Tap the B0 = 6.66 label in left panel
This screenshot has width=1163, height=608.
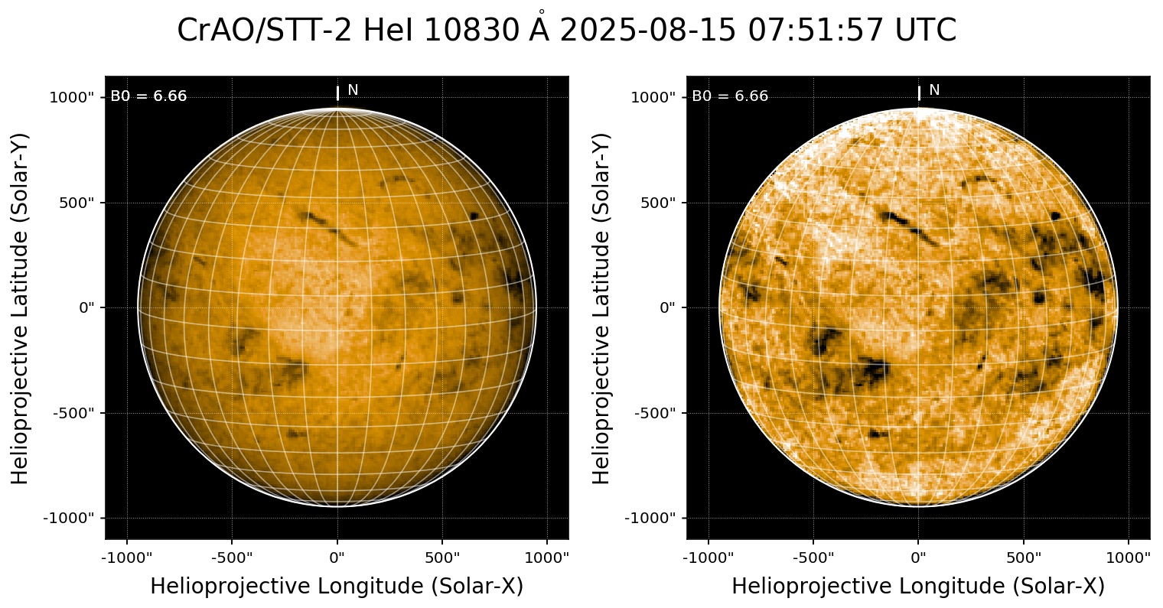(x=148, y=96)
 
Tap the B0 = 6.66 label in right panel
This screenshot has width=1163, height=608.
(x=730, y=96)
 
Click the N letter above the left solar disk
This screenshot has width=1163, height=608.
(x=353, y=90)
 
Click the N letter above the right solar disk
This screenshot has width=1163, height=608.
(x=934, y=90)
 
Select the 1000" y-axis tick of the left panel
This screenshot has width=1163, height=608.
(x=73, y=97)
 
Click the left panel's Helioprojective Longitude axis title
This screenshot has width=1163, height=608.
(x=337, y=587)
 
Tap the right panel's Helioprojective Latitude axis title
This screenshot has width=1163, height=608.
(x=602, y=307)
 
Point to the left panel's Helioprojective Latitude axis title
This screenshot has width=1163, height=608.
(x=21, y=307)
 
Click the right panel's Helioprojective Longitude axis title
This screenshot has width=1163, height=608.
(x=918, y=587)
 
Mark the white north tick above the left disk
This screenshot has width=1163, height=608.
(x=337, y=93)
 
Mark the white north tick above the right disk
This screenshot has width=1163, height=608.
(x=919, y=93)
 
